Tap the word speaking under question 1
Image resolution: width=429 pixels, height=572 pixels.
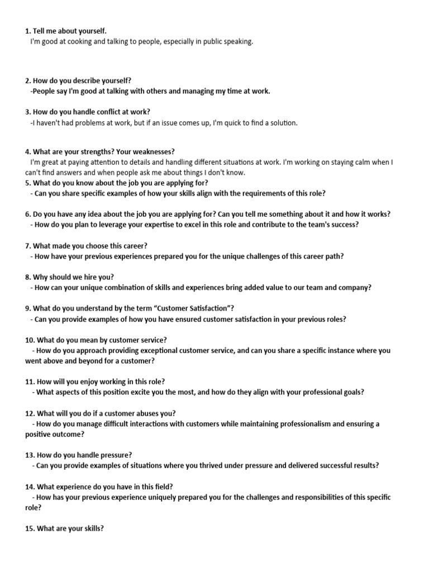pos(238,41)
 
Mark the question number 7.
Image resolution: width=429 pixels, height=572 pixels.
pos(28,246)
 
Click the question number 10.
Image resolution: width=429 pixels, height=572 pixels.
pos(30,340)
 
